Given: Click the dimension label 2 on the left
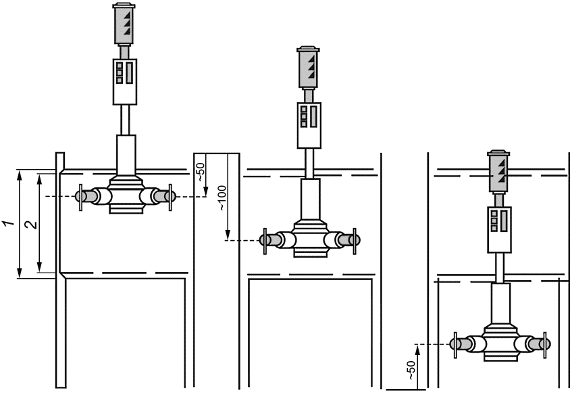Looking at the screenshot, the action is pos(32,224).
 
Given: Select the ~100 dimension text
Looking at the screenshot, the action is pos(223,198).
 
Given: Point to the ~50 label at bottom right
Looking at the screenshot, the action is pos(411,369).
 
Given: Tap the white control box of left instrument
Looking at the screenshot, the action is pos(125,81).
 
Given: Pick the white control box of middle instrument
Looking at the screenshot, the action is pos(309,125).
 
